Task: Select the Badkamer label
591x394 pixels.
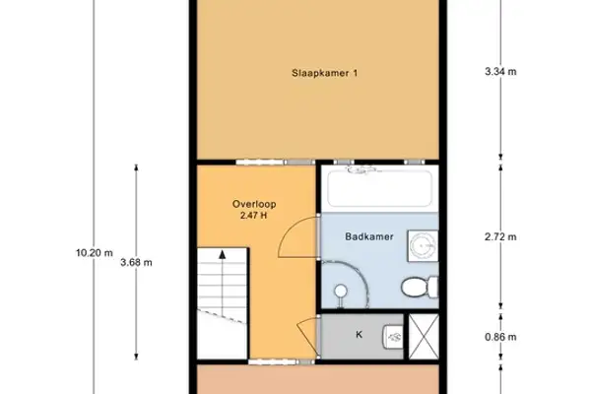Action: pyautogui.click(x=365, y=236)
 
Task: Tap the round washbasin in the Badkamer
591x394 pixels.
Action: pyautogui.click(x=424, y=243)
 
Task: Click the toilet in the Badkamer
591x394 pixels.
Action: pyautogui.click(x=420, y=286)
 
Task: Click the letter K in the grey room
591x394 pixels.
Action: pyautogui.click(x=359, y=335)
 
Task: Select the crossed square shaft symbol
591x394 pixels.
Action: pyautogui.click(x=424, y=335)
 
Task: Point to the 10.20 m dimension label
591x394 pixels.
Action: pyautogui.click(x=95, y=252)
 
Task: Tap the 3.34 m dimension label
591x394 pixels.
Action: pyautogui.click(x=501, y=72)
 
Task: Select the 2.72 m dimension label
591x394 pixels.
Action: pyautogui.click(x=501, y=237)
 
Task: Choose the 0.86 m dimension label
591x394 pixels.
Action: pyautogui.click(x=501, y=336)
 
